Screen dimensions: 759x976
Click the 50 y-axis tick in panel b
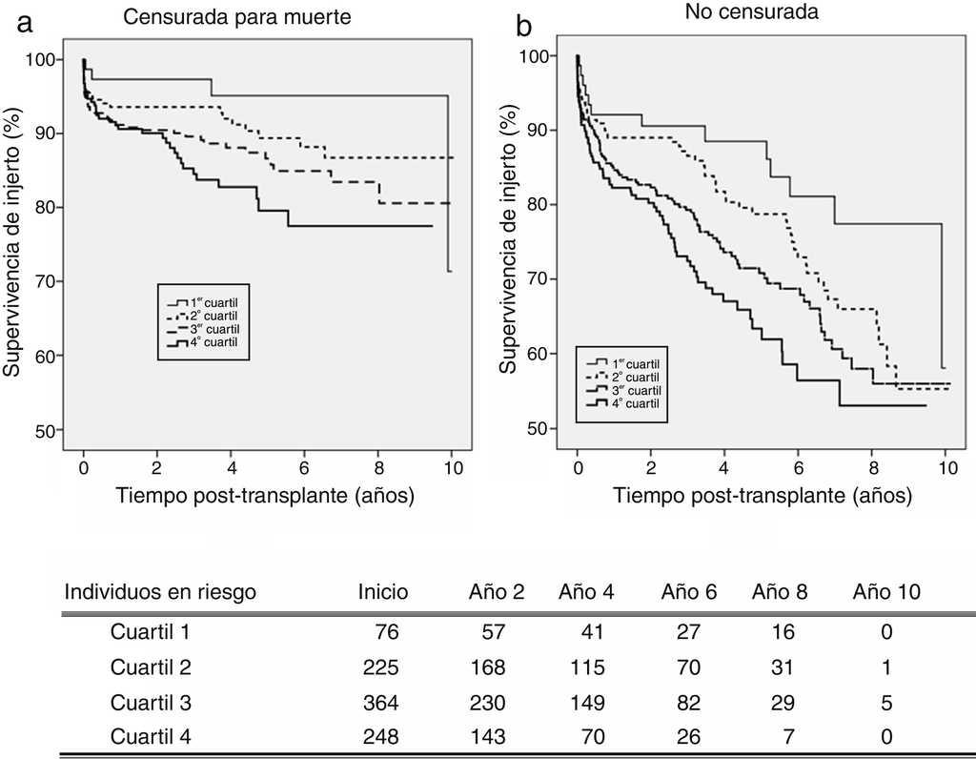click(x=537, y=428)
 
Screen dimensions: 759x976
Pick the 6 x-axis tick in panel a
click(x=304, y=469)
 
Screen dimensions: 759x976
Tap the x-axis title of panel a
click(x=266, y=496)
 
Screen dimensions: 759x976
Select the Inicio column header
click(x=383, y=592)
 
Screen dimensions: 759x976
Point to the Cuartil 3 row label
click(x=152, y=703)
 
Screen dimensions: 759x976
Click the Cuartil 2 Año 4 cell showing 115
click(x=588, y=667)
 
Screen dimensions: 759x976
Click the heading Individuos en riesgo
click(x=160, y=592)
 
